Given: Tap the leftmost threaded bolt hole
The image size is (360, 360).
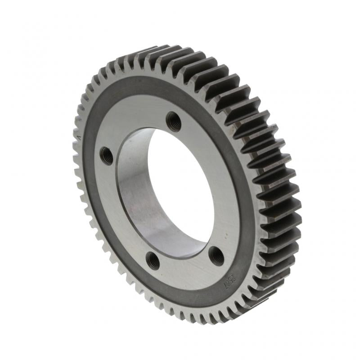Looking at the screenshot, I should coord(106,155).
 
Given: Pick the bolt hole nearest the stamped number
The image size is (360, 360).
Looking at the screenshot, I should coord(217,256).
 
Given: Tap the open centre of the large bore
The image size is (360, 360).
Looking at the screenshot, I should coord(180,189).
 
